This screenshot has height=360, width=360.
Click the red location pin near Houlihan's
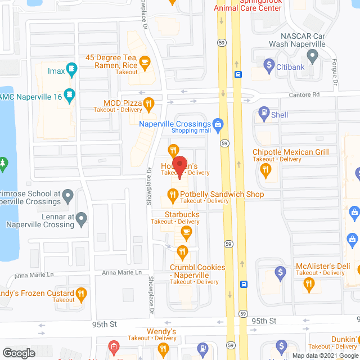(180, 167)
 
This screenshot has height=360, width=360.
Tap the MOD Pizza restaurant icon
(148, 103)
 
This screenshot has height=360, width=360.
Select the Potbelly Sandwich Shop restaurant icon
(172, 195)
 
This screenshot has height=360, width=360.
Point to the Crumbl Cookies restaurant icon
(182, 251)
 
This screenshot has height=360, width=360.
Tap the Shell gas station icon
(263, 115)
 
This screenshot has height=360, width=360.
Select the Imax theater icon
(71, 70)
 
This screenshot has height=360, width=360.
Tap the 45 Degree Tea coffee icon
(145, 62)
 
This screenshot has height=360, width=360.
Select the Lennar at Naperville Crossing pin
(82, 218)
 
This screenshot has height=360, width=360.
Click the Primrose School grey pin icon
(68, 197)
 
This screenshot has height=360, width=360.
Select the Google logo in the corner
(19, 353)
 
